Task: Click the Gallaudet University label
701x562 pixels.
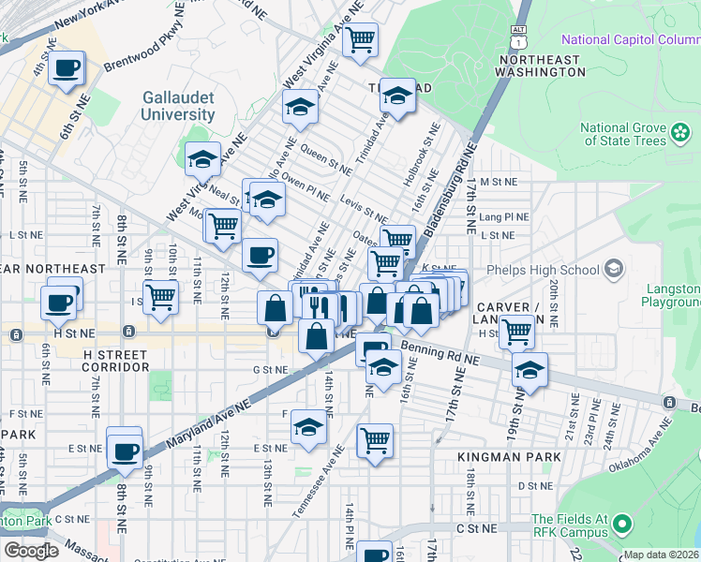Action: click(x=178, y=106)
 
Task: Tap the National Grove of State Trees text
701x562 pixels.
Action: click(x=622, y=135)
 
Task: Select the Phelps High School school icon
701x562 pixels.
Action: click(x=614, y=270)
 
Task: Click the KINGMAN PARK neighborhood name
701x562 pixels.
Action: click(x=509, y=457)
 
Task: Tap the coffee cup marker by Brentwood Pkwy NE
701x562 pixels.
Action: click(x=67, y=69)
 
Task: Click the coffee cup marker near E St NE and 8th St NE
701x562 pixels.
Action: click(x=124, y=451)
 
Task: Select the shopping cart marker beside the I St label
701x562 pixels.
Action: click(x=160, y=297)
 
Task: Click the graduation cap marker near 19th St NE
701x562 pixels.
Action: click(x=529, y=370)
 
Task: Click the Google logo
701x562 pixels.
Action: click(x=31, y=550)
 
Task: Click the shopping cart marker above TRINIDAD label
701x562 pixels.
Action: click(x=359, y=40)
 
